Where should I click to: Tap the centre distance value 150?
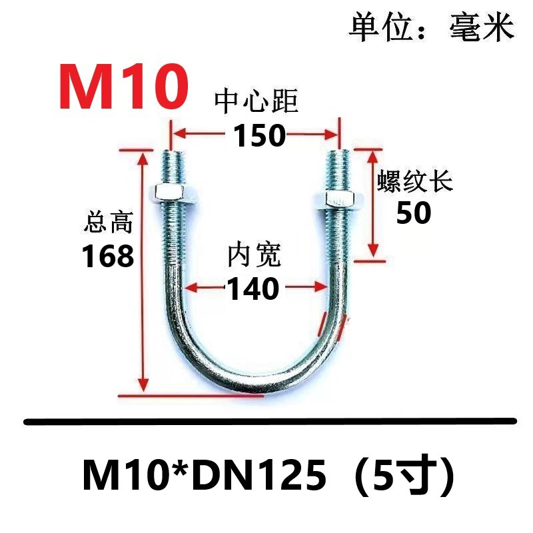tap(259, 136)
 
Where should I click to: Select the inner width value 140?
tap(253, 289)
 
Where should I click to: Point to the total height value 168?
tap(108, 256)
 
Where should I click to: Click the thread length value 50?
tap(414, 213)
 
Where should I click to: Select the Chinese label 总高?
tap(109, 222)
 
